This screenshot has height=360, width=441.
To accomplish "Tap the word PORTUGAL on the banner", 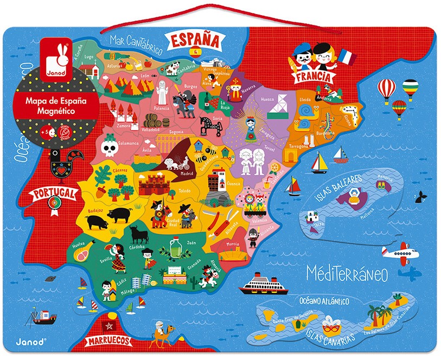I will pos(53,193).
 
